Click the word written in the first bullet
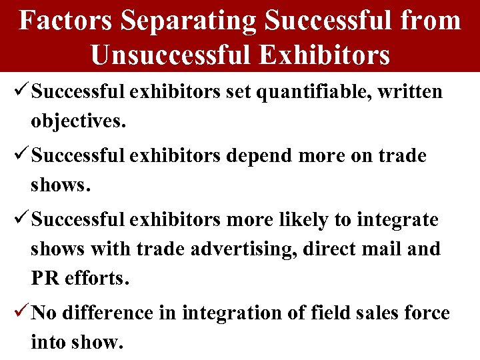409,91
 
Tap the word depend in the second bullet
257,155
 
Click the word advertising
244,249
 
